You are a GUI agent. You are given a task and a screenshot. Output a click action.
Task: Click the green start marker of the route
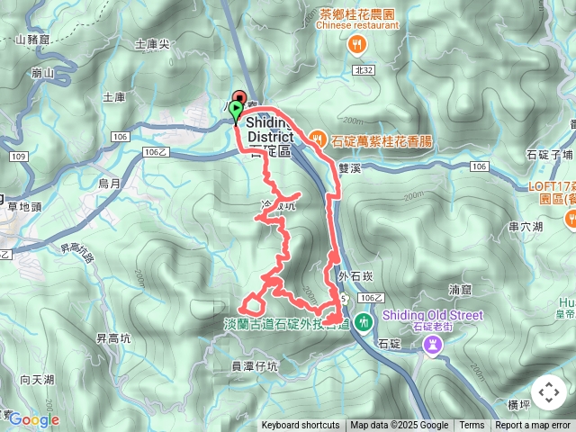click(236, 112)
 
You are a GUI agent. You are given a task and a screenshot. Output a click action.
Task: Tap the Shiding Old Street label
click(432, 315)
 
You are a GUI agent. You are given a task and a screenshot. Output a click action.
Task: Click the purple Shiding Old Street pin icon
click(433, 346)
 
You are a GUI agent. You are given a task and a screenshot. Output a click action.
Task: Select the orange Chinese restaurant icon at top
click(357, 42)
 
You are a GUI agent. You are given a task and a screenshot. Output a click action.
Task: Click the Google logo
click(33, 419)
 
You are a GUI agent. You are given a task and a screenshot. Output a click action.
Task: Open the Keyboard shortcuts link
click(301, 426)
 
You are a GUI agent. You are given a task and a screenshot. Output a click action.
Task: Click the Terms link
click(472, 426)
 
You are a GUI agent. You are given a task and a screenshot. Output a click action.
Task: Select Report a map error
click(533, 426)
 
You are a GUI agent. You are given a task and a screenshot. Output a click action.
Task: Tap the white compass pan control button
click(549, 392)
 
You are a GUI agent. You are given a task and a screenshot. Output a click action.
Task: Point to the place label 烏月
click(110, 184)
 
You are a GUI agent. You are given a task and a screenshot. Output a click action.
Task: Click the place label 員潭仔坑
click(255, 366)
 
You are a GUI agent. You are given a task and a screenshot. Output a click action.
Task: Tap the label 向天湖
click(37, 380)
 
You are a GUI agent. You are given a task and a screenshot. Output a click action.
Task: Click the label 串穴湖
click(525, 228)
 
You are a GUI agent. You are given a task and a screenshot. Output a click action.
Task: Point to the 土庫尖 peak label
click(151, 43)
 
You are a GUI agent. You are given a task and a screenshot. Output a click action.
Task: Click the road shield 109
click(19, 157)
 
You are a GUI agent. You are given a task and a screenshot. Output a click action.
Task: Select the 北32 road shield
click(364, 68)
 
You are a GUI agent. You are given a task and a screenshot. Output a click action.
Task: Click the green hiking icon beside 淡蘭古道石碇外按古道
click(363, 320)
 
